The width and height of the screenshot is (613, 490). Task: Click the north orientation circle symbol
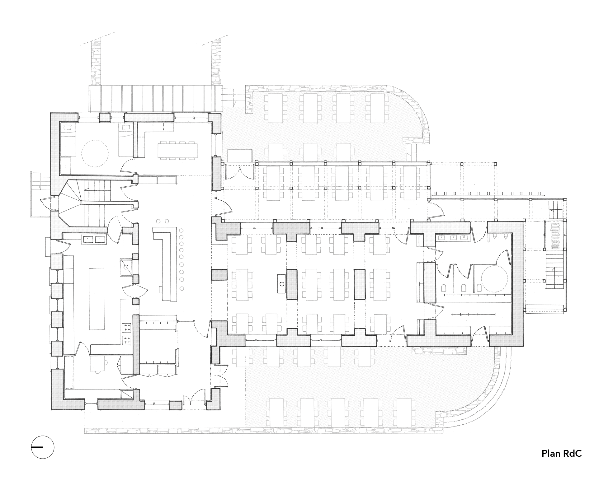[43, 447]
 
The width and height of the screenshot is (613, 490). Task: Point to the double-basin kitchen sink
[93, 240]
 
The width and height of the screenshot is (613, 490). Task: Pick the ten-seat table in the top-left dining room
[177, 151]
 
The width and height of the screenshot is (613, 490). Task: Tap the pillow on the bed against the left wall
[68, 127]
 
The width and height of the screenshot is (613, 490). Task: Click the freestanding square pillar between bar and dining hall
[219, 275]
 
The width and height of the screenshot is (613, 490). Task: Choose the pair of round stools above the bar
[162, 221]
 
